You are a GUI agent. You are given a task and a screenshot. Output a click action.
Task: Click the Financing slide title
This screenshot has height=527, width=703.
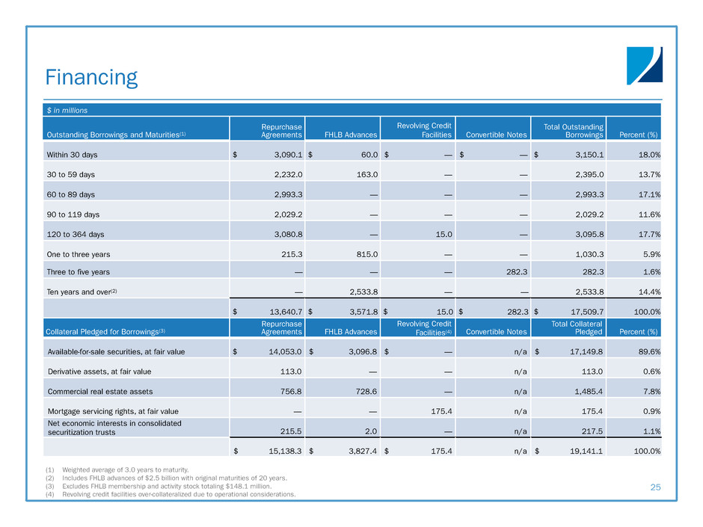coord(90,77)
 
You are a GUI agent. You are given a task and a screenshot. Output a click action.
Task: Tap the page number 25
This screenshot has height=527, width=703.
coord(655,487)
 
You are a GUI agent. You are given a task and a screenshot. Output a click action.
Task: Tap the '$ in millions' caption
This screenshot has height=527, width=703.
coord(66,110)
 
